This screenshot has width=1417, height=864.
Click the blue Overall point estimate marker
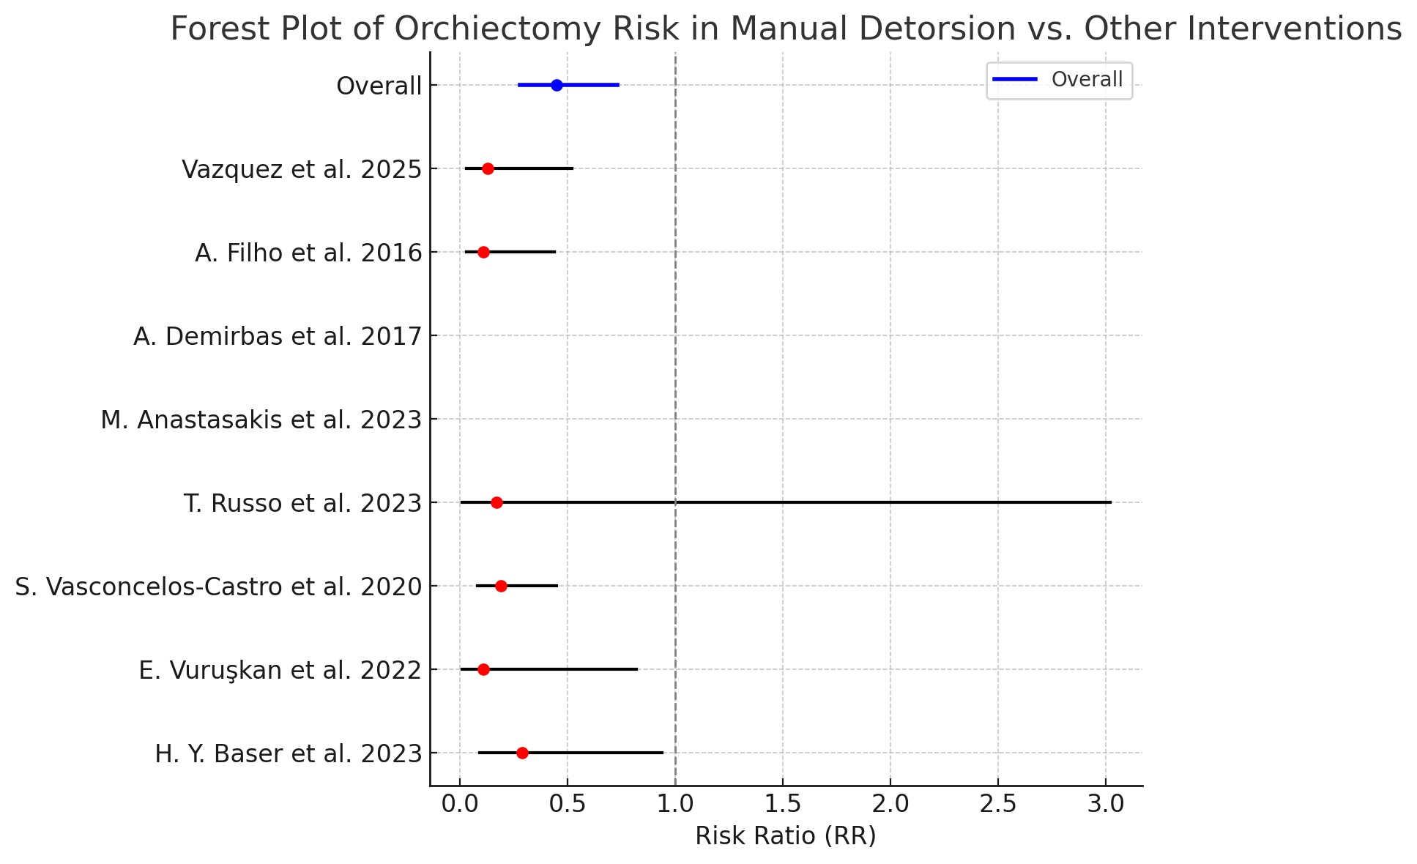coord(557,85)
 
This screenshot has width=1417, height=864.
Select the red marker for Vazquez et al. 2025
coord(488,168)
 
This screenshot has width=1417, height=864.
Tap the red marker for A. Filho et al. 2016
coord(483,252)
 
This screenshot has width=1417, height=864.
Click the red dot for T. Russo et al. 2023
coord(496,502)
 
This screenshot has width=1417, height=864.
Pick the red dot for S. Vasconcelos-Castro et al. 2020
coord(501,586)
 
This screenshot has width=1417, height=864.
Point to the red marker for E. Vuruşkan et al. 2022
coord(483,669)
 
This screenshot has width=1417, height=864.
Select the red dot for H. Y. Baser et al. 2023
coord(522,753)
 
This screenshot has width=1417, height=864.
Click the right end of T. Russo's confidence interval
coord(1110,502)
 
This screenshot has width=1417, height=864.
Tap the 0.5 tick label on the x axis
coord(568,804)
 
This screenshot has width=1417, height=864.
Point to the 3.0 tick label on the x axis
coord(1106,804)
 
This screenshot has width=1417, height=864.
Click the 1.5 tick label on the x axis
coord(783,804)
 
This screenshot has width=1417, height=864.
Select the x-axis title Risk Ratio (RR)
coord(785,835)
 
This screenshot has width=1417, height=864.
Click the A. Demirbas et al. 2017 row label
coord(278,337)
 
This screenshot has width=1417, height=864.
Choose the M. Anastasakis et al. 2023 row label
coord(261,420)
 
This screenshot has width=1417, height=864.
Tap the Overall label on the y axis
coord(379,86)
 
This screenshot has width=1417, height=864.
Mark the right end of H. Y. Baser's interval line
coord(662,753)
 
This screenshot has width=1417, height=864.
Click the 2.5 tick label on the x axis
coord(998,804)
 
